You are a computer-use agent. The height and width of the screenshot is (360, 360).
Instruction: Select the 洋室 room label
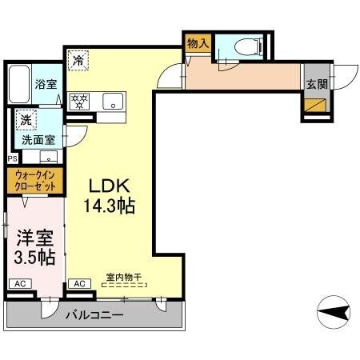coord(33,238)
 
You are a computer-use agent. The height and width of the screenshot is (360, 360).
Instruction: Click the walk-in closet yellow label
coord(34,181)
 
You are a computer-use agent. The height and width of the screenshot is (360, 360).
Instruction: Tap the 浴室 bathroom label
coord(45,82)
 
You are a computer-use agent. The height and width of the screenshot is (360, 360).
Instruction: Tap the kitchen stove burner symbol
coord(79,101)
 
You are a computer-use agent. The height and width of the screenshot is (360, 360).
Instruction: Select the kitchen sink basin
coord(114,101)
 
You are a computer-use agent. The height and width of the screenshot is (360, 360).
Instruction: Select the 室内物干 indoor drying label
coord(123,278)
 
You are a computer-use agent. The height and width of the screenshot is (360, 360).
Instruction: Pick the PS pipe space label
coord(11,158)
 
